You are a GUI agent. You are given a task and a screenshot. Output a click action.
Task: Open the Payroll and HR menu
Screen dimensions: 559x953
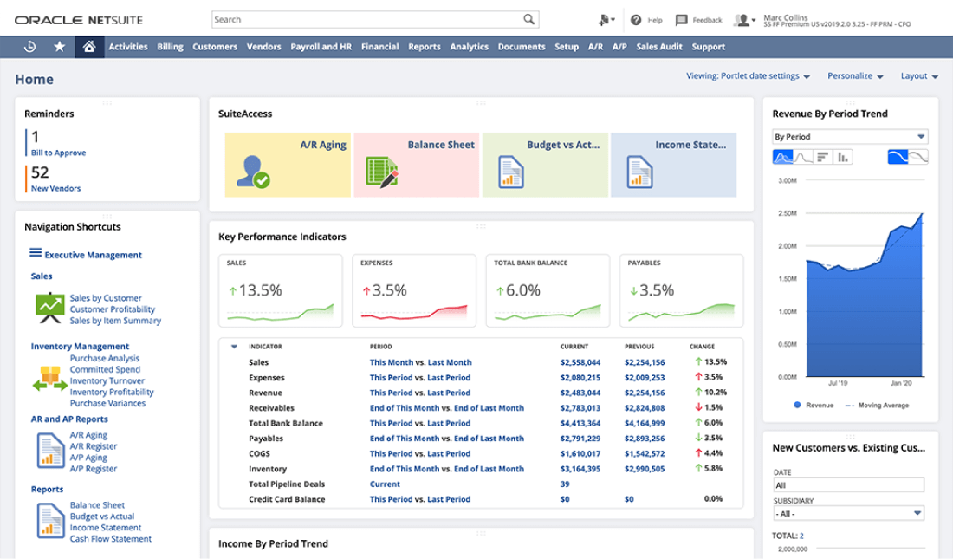(321, 47)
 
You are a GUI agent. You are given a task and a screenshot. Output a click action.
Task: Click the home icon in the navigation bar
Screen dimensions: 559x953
(88, 47)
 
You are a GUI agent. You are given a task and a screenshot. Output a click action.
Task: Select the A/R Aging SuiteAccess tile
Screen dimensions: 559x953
(288, 165)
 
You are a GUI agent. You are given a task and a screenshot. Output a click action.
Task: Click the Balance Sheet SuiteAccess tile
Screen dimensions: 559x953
(417, 165)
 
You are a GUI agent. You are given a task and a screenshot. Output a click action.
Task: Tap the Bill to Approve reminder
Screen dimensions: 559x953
(58, 153)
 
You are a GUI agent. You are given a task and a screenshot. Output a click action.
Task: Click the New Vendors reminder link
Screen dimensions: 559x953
(56, 188)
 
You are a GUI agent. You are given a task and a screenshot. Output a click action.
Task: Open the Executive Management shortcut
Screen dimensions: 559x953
(93, 255)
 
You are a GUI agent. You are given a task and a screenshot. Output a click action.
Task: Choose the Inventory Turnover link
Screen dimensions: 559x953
(107, 380)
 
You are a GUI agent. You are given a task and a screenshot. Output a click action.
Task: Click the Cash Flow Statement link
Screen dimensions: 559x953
(110, 538)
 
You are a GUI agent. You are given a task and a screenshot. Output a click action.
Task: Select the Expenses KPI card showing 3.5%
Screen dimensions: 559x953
(414, 290)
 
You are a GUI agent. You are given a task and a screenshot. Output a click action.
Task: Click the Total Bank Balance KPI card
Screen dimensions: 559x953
(548, 290)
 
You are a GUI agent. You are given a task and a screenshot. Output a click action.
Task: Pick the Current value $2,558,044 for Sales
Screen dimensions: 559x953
(580, 362)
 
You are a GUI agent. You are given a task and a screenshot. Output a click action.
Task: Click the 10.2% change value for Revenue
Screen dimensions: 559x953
(714, 393)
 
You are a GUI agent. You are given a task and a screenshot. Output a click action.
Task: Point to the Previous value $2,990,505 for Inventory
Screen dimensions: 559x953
(645, 469)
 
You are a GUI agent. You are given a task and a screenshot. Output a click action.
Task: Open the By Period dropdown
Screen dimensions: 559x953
(849, 137)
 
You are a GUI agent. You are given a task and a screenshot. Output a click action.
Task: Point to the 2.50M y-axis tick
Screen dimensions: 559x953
(787, 213)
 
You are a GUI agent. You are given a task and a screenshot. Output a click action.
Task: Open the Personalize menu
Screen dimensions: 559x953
(854, 76)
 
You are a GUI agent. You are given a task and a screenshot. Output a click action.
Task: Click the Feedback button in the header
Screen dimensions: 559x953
(698, 20)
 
